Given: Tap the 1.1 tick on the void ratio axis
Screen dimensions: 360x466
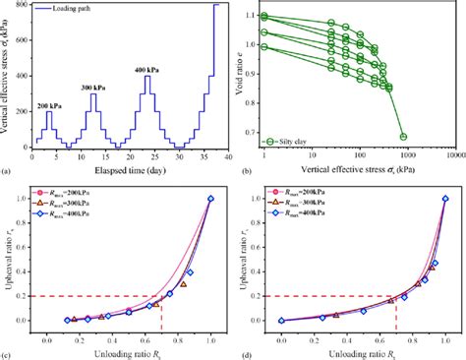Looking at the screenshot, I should click(253, 16).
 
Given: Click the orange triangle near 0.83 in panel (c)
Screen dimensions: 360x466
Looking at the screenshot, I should click(183, 284).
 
